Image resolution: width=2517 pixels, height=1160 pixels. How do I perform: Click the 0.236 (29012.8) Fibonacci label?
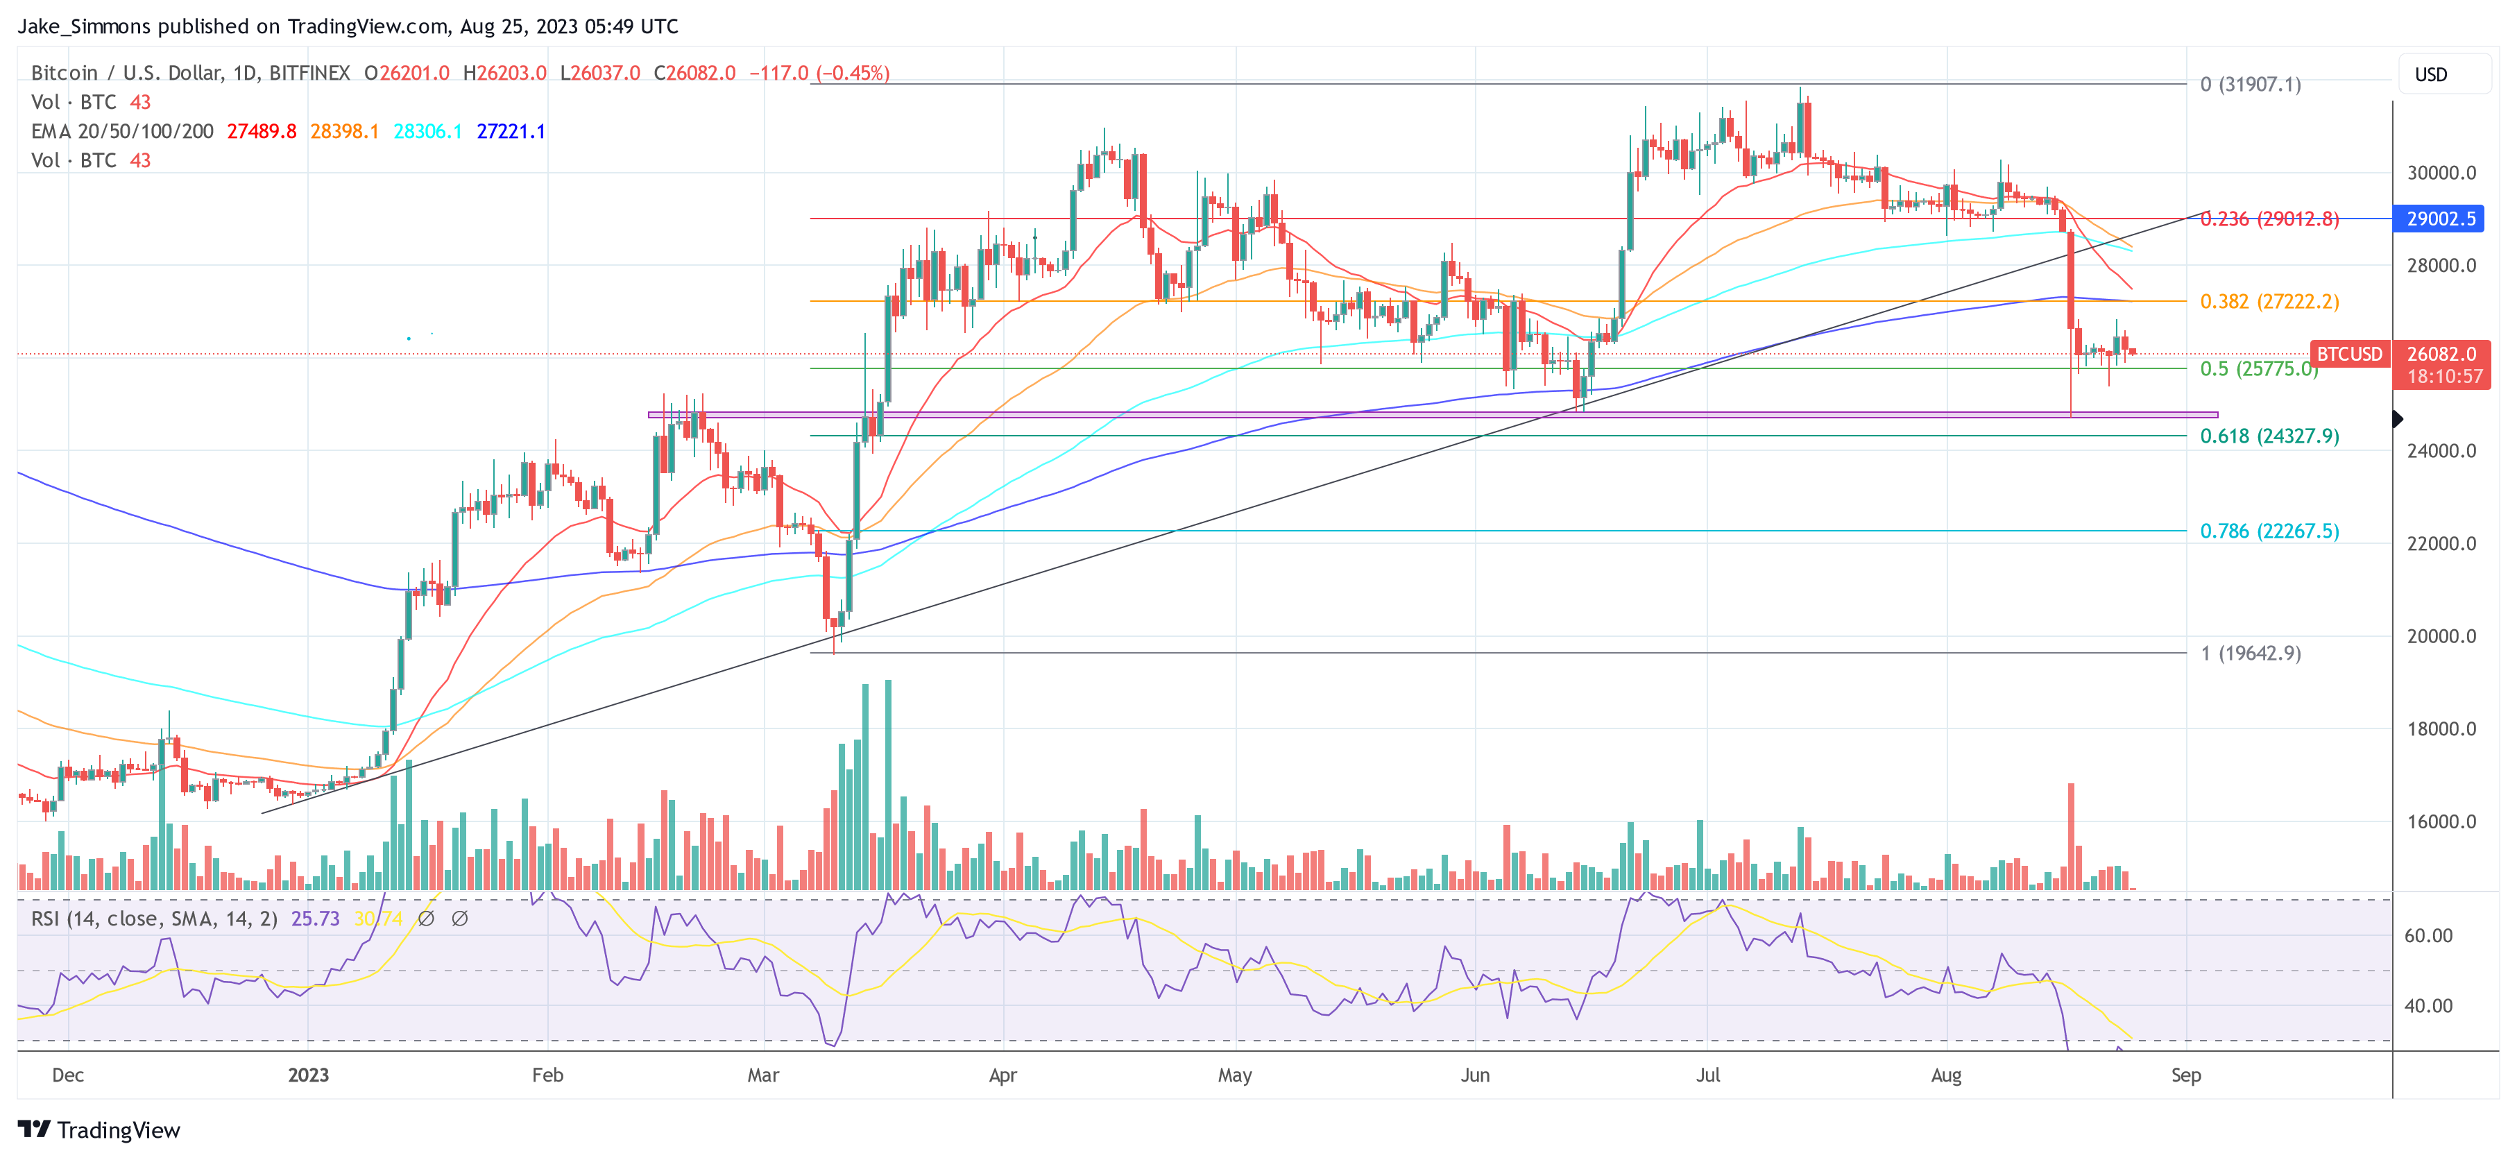click(2269, 219)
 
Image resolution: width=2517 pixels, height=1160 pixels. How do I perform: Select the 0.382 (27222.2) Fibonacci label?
click(2269, 301)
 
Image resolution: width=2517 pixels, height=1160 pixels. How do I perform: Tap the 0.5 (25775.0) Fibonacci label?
click(2257, 368)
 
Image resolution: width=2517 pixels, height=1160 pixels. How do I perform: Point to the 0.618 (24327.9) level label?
click(2269, 436)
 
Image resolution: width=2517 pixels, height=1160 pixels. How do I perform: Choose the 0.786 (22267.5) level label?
click(2269, 531)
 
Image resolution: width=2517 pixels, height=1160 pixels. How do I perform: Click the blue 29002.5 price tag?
click(2440, 219)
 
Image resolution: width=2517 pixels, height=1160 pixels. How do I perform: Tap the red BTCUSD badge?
click(2349, 354)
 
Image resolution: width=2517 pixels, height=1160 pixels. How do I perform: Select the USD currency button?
click(2431, 74)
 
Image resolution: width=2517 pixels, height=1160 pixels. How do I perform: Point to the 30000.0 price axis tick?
click(2441, 173)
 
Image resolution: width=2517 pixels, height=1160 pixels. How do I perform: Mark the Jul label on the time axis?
click(1707, 1075)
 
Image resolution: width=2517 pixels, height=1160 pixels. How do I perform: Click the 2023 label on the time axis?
click(308, 1075)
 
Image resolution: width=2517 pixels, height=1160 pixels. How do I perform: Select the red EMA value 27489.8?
click(261, 131)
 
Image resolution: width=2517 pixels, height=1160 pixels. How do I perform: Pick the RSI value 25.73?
click(315, 919)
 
